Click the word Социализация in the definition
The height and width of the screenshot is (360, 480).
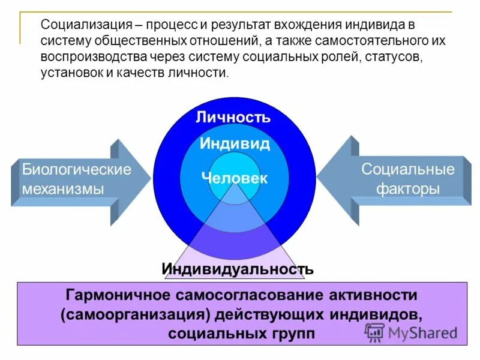(86, 25)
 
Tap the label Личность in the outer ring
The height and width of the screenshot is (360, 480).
(233, 117)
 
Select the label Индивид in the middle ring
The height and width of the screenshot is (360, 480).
(235, 144)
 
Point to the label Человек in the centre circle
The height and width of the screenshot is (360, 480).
(235, 178)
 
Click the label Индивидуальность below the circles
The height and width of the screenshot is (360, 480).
(237, 269)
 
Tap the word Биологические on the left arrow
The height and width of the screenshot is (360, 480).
(76, 169)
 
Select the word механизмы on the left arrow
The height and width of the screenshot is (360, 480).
(63, 188)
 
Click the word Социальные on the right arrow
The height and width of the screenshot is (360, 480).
(407, 169)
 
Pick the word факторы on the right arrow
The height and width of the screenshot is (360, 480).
(407, 188)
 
